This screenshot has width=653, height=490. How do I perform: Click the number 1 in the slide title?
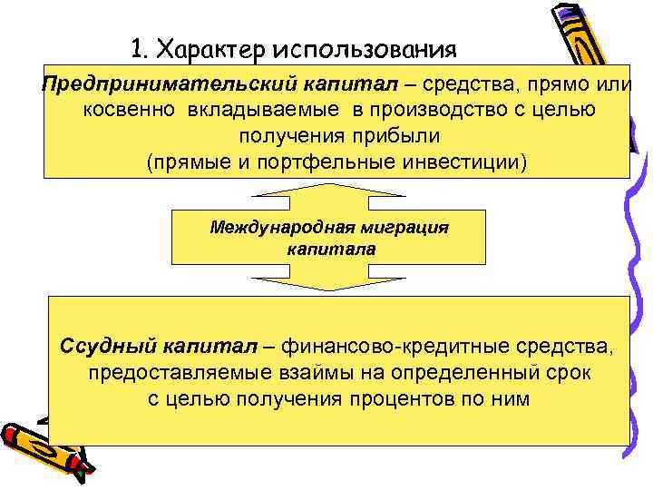coord(137,46)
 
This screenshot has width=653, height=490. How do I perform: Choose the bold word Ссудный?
coord(109,346)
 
